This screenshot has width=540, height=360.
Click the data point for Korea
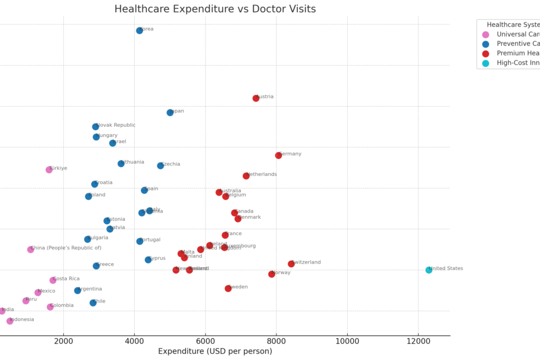coord(139,31)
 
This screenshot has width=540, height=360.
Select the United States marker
coord(429,270)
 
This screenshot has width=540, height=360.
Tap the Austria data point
coord(256,98)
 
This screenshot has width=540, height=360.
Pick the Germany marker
coord(279,155)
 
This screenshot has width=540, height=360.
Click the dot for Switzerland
coord(291,264)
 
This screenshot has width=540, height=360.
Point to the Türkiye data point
coord(49,170)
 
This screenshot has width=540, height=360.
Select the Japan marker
coord(170,113)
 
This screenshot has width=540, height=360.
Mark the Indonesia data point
coord(10,321)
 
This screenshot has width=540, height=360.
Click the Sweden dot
coord(228,289)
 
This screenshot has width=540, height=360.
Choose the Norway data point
coord(272,274)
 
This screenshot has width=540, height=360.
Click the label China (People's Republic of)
coord(66,248)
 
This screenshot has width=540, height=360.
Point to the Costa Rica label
coord(66,279)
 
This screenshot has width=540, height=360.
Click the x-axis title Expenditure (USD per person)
coord(215,351)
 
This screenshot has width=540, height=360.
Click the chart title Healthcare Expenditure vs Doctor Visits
coord(215,9)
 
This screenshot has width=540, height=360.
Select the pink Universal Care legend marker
coord(486,34)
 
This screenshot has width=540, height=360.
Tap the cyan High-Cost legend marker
coord(486,63)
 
